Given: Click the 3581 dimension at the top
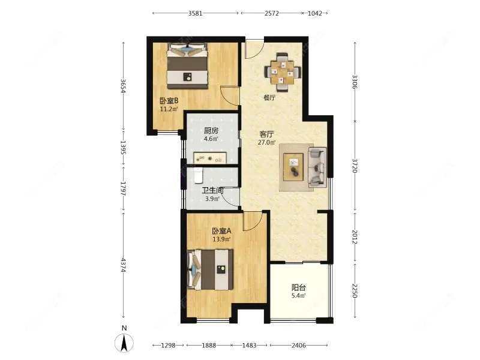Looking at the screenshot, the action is (196, 13).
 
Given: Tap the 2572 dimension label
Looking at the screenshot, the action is (272, 13).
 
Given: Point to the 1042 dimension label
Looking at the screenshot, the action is (314, 13).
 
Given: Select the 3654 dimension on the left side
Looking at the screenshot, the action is (124, 86).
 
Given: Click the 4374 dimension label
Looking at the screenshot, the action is (124, 265).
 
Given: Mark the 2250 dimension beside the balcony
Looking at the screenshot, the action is (355, 290).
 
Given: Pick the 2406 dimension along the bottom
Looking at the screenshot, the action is (298, 346).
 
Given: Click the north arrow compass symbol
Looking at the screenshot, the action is (124, 342).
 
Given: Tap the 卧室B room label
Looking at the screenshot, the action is (169, 100).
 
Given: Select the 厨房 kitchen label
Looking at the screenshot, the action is (211, 131).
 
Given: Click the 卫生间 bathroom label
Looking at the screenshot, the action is (212, 191).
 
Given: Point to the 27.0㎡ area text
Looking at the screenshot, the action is (267, 142).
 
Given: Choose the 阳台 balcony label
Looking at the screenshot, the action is (298, 287).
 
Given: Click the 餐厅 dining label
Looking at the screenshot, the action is (269, 98).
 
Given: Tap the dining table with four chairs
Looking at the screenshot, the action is (283, 73).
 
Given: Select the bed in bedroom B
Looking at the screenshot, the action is (187, 66).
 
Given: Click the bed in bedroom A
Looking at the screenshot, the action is (211, 269).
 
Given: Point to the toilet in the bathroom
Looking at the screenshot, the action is (199, 176).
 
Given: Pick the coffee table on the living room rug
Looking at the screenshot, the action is (293, 167).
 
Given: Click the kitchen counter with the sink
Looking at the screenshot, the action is (210, 158).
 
